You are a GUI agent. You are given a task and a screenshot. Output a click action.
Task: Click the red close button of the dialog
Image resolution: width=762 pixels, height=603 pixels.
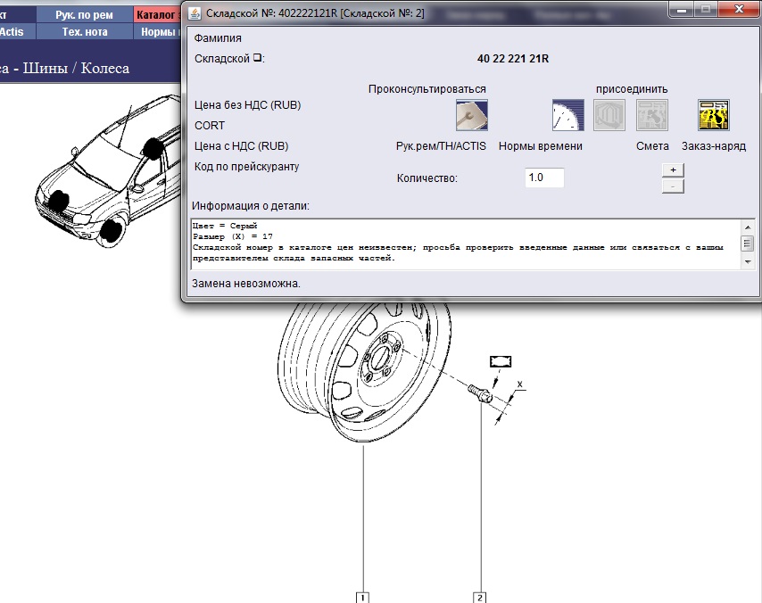[x=739, y=9]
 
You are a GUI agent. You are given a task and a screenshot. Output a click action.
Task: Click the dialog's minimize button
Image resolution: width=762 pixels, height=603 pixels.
[x=682, y=9]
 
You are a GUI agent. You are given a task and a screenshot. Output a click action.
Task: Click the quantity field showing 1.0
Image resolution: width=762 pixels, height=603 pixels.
[x=544, y=178]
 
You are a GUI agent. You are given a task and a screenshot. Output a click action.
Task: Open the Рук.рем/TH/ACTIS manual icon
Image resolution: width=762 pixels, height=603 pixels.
[x=471, y=115]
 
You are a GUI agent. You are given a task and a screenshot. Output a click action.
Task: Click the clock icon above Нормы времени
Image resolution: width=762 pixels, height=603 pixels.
[x=567, y=115]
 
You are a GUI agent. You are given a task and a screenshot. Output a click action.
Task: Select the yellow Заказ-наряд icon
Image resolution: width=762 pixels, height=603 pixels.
[x=714, y=115]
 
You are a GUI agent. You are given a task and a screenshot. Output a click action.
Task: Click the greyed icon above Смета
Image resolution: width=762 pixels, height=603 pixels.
[x=652, y=115]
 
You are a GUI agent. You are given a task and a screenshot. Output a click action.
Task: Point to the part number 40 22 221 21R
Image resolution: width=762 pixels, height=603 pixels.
[x=513, y=59]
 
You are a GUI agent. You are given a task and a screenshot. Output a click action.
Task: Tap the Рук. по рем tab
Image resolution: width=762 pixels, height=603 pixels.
[x=84, y=15]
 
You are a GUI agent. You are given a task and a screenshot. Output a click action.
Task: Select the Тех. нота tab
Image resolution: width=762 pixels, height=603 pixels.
[x=84, y=32]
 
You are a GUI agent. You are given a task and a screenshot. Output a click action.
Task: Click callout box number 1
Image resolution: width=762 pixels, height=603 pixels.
[x=362, y=597]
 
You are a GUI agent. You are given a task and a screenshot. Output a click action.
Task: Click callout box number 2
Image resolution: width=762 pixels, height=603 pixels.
[x=480, y=597]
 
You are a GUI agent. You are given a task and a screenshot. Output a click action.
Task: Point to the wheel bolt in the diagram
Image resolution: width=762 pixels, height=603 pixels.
[x=480, y=393]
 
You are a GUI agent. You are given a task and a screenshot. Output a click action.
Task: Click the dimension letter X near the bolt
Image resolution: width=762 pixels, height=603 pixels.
[x=519, y=384]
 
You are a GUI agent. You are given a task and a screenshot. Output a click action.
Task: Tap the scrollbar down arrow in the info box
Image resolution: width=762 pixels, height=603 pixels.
[x=748, y=262]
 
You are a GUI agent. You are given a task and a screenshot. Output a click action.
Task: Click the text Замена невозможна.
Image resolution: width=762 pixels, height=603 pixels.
[x=246, y=284]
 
